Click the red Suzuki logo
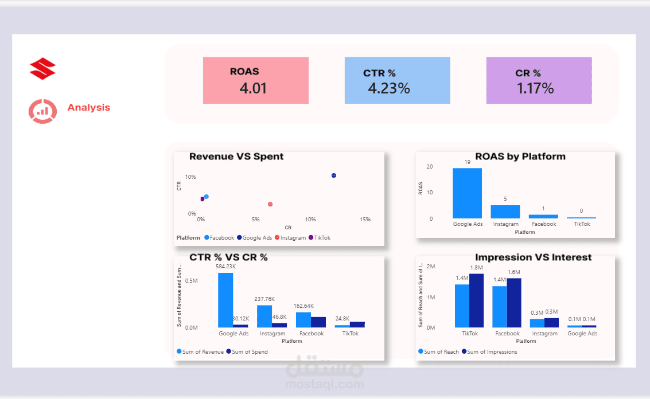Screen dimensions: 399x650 42,69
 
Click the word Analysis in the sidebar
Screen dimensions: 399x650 88,108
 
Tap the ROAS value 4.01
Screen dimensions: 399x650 253,88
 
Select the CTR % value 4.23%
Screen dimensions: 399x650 388,88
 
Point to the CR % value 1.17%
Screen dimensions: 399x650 535,88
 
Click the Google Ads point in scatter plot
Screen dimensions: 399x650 333,175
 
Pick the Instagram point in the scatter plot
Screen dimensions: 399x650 270,204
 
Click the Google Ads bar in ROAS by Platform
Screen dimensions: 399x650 467,193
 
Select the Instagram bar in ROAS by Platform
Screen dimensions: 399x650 505,211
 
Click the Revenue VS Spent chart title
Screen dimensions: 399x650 236,157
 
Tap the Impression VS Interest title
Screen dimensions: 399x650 533,257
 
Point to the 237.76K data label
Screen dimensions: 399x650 264,299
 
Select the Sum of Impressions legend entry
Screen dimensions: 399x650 492,352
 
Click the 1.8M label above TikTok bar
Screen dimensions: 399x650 476,268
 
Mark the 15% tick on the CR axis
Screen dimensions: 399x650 365,220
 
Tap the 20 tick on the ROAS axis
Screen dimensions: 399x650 429,167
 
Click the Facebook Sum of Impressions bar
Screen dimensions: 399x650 514,302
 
